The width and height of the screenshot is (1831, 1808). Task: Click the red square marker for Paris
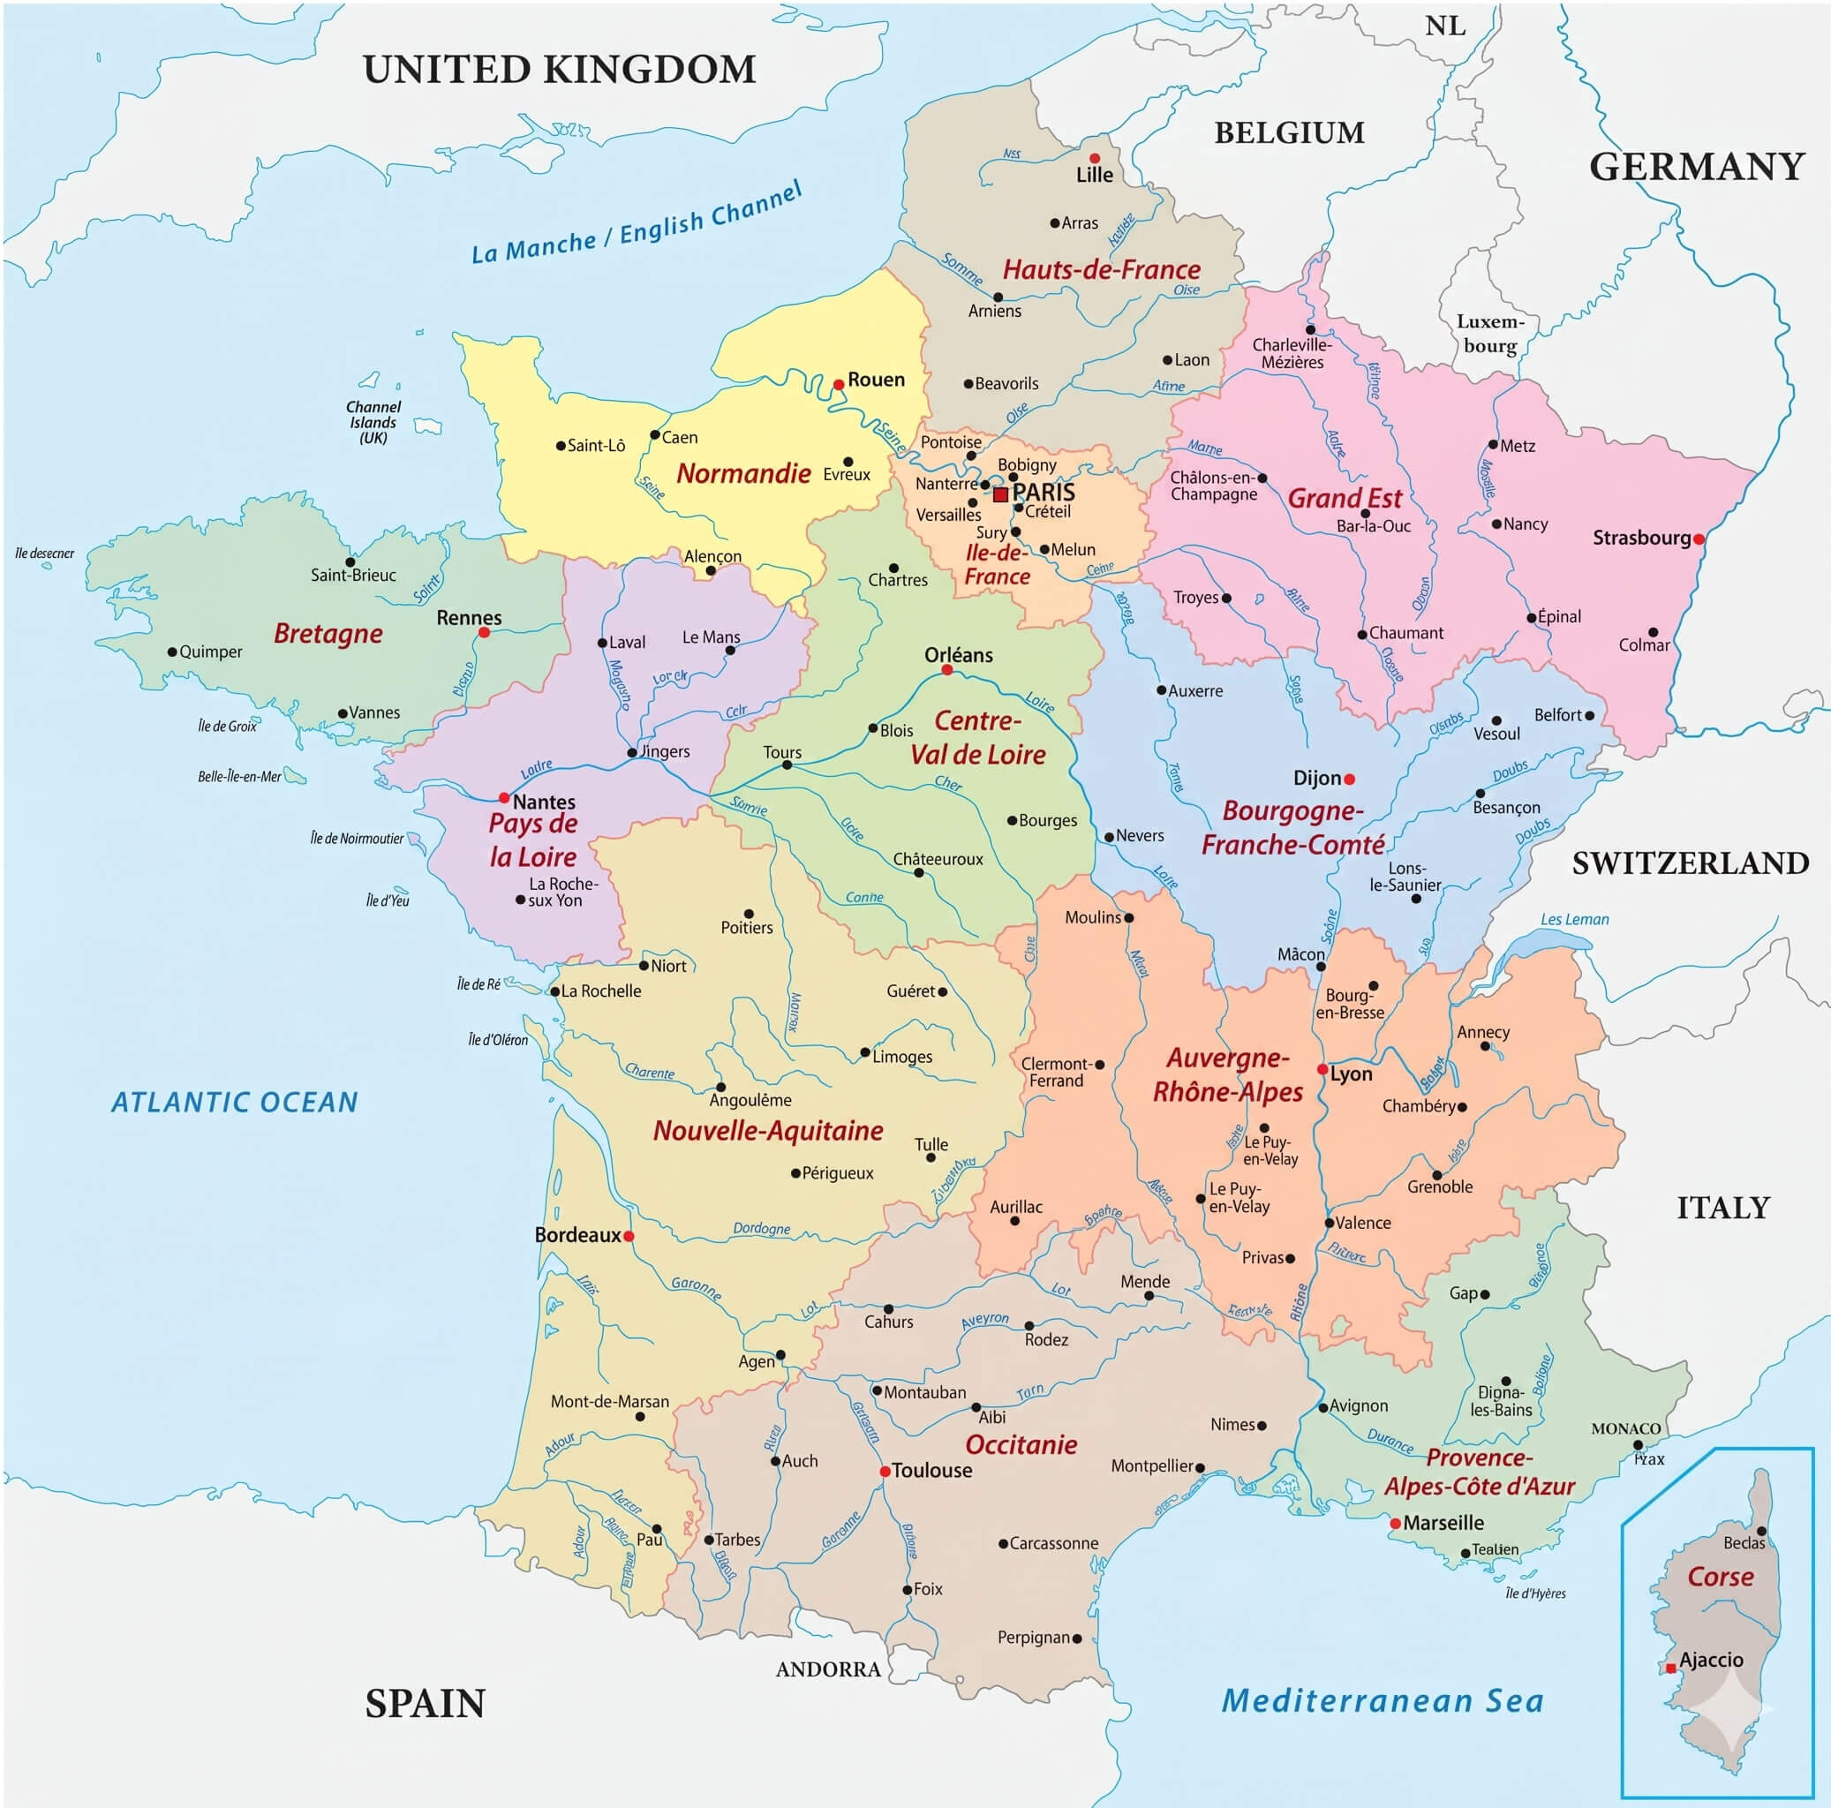1000,494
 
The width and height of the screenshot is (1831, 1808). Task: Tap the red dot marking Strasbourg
1699,539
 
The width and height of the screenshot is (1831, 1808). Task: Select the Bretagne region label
328,633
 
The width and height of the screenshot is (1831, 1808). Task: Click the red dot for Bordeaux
629,1236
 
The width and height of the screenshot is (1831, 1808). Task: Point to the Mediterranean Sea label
1382,1699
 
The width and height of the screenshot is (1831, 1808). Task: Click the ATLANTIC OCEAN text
234,1102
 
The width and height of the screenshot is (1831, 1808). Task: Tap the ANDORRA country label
828,1669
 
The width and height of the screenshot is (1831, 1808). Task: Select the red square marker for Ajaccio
1670,1668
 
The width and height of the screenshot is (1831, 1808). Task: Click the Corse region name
1720,1576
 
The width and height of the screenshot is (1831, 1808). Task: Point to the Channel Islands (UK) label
373,422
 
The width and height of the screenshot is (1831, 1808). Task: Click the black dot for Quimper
172,652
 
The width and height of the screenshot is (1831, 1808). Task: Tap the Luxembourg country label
1490,334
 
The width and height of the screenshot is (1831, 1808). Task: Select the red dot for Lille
1095,158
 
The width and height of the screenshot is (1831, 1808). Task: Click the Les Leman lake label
1574,919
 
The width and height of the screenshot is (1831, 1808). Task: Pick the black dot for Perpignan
1076,1638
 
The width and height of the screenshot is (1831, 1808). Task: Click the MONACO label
1625,1428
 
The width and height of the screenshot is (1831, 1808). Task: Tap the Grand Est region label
1344,499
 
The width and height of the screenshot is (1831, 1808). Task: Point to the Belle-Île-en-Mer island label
239,776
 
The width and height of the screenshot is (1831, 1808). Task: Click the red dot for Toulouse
885,1471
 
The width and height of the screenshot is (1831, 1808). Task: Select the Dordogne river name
761,1228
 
